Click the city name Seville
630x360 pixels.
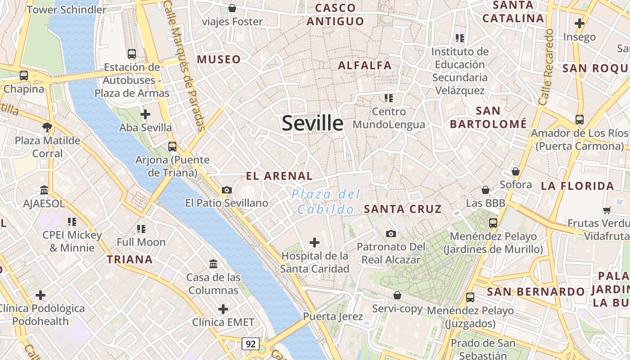312,123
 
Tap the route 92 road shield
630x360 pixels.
251,344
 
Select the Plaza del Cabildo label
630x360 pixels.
326,202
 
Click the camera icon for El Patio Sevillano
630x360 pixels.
227,190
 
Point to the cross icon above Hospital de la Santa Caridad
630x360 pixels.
315,243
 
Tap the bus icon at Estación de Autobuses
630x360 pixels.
132,54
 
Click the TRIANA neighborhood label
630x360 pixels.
130,259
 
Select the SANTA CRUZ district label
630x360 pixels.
403,209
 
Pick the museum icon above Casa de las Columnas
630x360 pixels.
213,264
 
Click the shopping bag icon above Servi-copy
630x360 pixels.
397,295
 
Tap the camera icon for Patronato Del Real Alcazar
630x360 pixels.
391,234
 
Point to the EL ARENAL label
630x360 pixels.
279,176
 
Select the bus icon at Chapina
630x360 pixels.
24,76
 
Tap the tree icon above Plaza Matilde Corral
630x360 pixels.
47,127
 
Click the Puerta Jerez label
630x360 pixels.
333,316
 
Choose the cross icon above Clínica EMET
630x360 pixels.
223,309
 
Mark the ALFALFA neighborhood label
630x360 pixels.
364,65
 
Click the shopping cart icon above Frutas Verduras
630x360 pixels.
607,210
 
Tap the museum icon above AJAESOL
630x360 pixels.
44,190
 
